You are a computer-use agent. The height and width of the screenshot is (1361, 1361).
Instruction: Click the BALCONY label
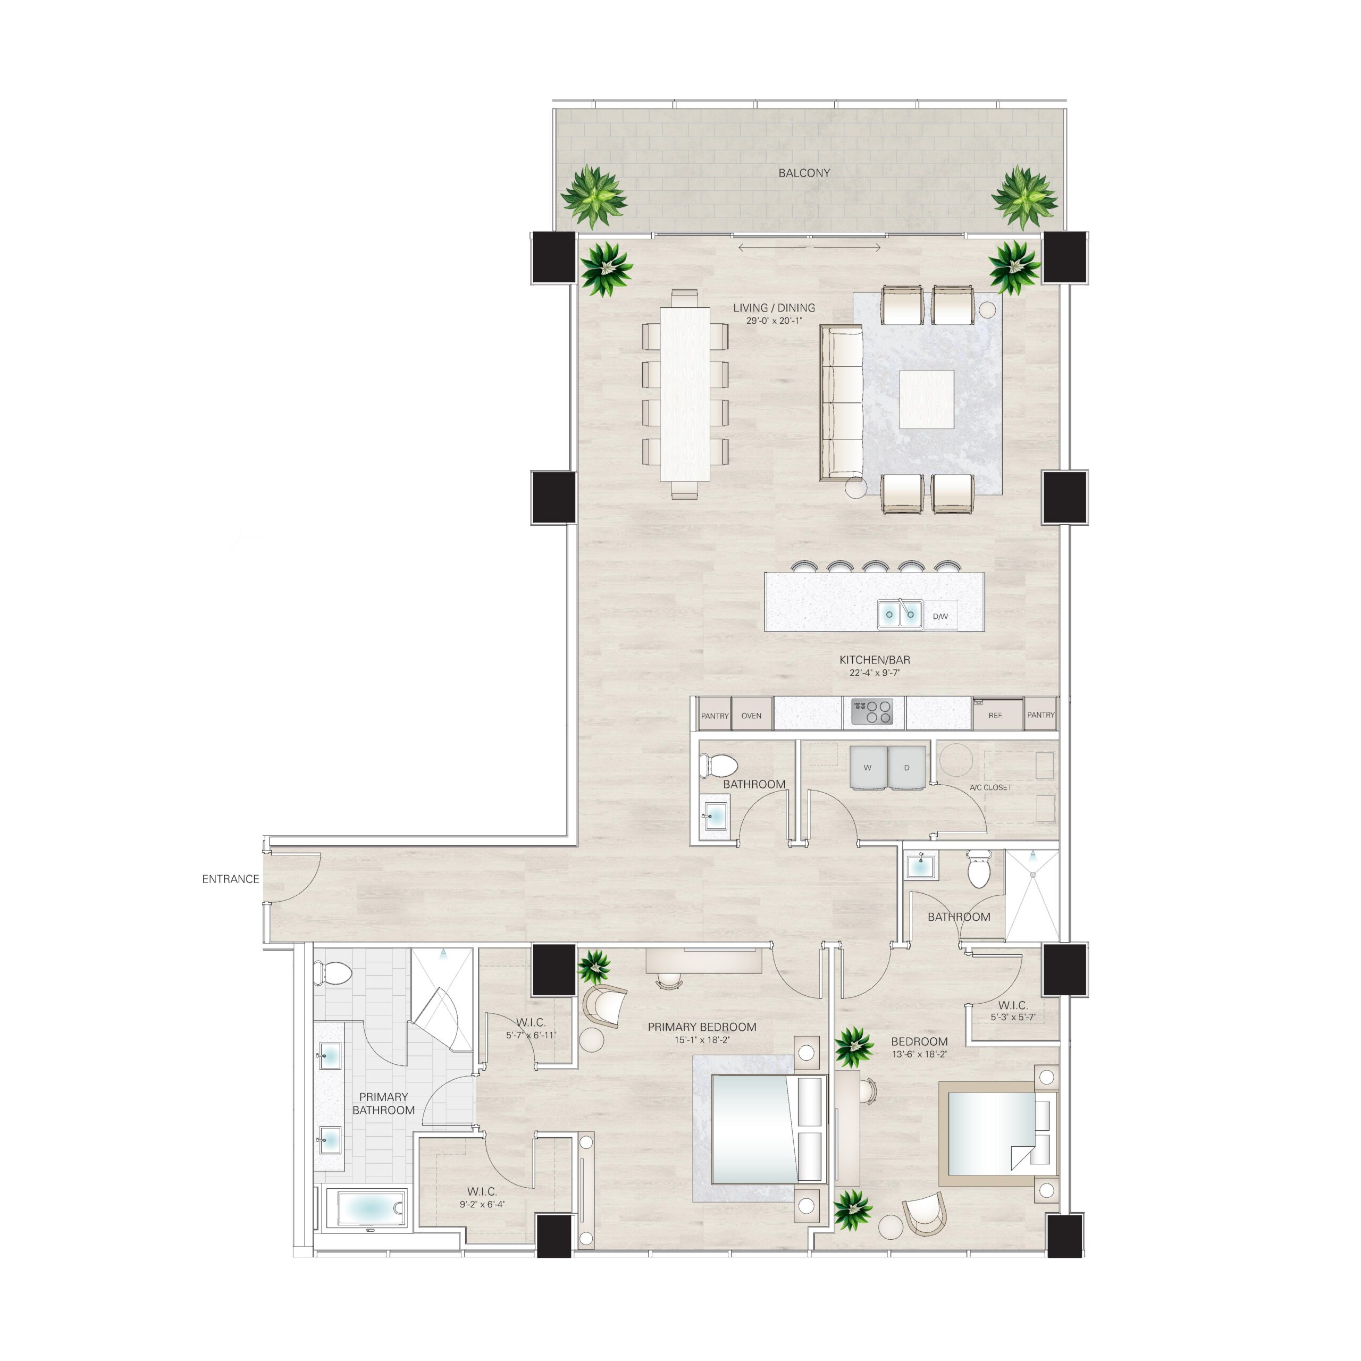(804, 173)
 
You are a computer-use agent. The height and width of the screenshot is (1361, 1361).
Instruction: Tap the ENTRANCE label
(230, 879)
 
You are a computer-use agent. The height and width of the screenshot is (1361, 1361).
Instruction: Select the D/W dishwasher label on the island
(940, 616)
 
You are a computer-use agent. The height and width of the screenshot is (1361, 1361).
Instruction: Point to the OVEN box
(752, 716)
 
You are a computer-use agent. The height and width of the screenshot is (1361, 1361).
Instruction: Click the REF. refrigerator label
(995, 716)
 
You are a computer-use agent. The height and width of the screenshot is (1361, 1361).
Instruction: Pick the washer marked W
(868, 768)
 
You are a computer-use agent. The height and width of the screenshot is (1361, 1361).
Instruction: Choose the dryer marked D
(906, 768)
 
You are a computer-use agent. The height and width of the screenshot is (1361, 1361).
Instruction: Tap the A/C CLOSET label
(990, 787)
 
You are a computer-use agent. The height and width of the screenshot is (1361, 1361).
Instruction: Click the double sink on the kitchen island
(900, 614)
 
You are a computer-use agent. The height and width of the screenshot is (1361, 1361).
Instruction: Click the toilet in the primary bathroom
(334, 973)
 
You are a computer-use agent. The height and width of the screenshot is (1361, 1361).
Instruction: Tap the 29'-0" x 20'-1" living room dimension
(774, 321)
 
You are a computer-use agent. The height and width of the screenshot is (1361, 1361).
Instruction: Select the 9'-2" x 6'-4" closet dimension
(483, 1205)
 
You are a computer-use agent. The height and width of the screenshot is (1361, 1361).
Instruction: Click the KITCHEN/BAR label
(875, 660)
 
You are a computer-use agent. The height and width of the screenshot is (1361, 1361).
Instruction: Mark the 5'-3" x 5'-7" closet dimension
(1013, 1017)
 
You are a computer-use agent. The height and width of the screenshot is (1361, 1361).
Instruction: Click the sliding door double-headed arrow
(809, 247)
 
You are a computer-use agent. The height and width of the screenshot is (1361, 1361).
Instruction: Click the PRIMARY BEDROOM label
(702, 1027)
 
